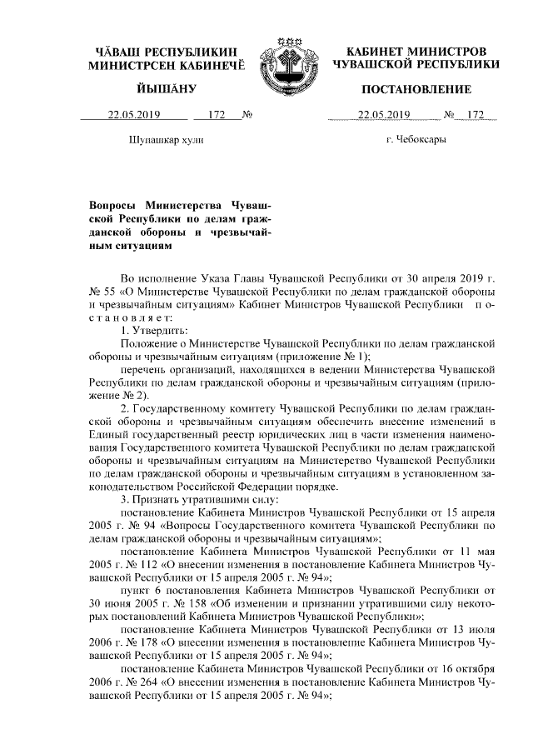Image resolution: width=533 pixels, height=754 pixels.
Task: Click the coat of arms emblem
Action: pos(287,62)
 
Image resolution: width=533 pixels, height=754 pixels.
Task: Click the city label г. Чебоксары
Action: pos(416,139)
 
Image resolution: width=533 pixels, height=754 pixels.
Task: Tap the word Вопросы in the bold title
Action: pos(114,204)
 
